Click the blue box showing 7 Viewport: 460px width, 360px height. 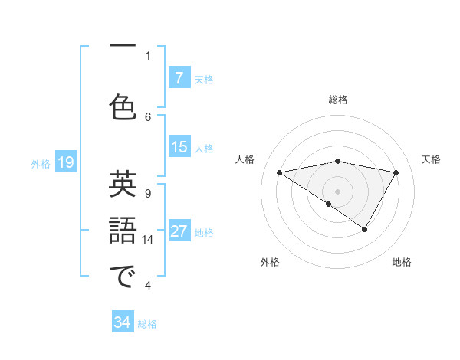click(x=179, y=78)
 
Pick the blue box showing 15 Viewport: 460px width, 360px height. click(x=179, y=147)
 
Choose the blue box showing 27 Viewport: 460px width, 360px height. click(x=179, y=231)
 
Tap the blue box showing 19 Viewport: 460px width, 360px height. click(x=65, y=162)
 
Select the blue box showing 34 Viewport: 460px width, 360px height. click(x=123, y=323)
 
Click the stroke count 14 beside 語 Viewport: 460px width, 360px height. click(x=148, y=240)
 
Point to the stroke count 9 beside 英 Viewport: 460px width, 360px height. click(x=148, y=193)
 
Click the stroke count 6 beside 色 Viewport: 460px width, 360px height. click(x=148, y=116)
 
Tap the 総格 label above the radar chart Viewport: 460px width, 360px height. click(x=338, y=100)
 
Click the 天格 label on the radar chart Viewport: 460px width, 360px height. click(x=432, y=159)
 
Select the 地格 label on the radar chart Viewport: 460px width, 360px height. click(x=402, y=263)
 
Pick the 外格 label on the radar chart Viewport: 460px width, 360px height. click(x=270, y=263)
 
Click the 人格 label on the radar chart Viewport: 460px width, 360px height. click(x=245, y=159)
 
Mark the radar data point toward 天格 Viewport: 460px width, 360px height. click(x=396, y=172)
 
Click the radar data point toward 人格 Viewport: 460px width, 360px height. click(x=279, y=172)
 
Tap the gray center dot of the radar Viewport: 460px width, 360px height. click(x=337, y=191)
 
